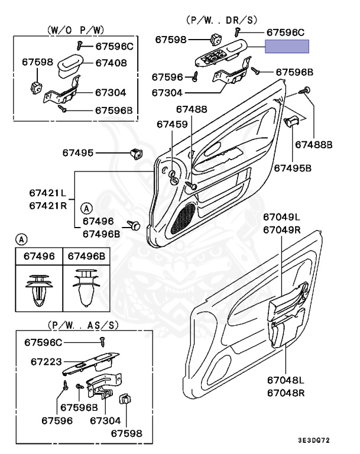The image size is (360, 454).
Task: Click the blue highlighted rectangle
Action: (287, 47)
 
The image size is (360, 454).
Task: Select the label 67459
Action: (172, 125)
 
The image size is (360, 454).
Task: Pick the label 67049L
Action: (282, 218)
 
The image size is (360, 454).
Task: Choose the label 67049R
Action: (282, 229)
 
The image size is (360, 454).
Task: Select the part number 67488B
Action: (314, 144)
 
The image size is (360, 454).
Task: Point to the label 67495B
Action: (292, 168)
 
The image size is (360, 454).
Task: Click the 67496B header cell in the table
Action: (86, 256)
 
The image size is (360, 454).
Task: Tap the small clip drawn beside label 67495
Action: (135, 154)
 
